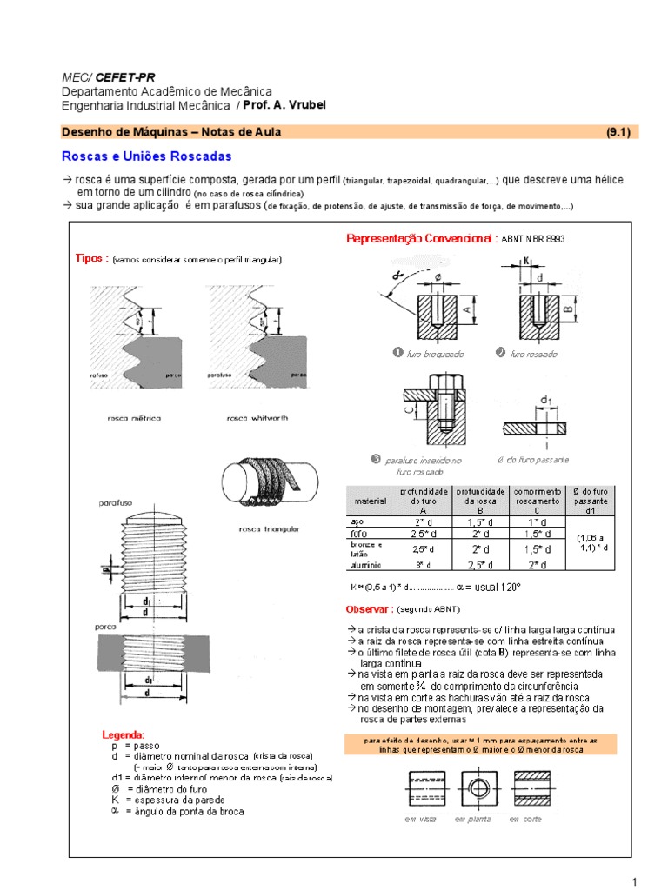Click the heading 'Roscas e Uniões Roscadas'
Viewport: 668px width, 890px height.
point(146,156)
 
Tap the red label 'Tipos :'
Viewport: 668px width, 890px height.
point(91,259)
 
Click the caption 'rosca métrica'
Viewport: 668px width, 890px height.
point(133,418)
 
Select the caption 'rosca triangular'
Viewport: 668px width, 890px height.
point(269,528)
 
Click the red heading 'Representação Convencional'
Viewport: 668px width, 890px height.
point(420,238)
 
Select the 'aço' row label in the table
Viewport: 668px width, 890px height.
point(356,521)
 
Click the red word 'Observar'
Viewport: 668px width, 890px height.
point(371,608)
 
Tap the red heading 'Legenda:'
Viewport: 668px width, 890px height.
point(124,734)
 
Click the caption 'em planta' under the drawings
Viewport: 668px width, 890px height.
point(472,819)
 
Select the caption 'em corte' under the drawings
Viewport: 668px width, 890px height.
point(526,819)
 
